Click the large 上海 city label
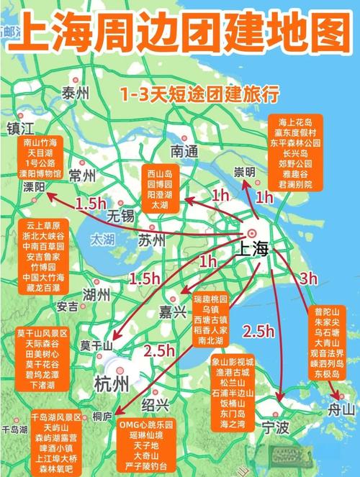(x=251, y=250)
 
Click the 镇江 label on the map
(x=21, y=128)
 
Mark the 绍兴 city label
(x=157, y=403)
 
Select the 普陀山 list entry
(x=330, y=312)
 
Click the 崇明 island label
(x=245, y=171)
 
